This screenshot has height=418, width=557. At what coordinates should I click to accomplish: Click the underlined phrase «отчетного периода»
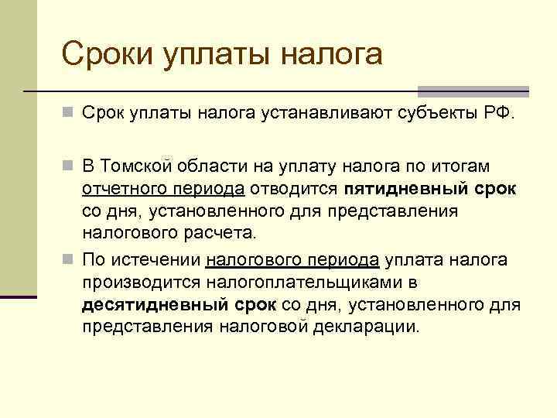tap(163, 189)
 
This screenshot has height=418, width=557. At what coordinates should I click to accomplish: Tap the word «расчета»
tap(227, 232)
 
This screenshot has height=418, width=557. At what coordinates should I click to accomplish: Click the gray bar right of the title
tap(473, 89)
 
